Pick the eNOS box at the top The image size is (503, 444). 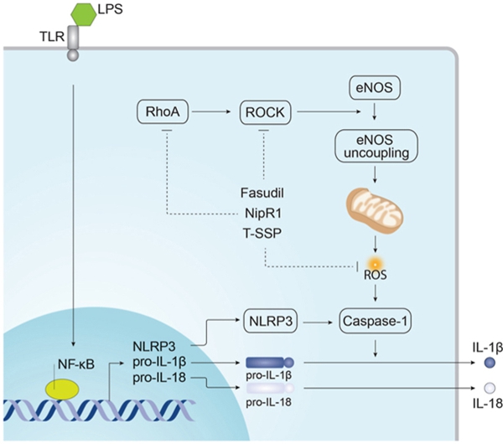pos(373,85)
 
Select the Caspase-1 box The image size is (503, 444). pos(375,319)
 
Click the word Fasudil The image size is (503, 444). pos(263,194)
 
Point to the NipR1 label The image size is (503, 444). pos(263,214)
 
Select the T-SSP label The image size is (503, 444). pos(263,234)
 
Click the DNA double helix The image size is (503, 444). pos(109,408)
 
